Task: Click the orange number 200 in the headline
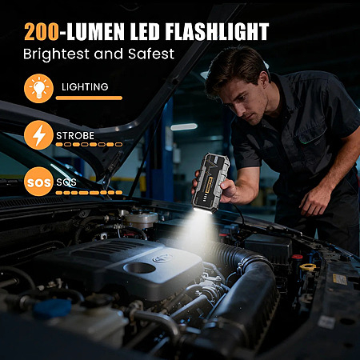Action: (42, 32)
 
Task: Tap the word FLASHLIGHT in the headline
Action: (217, 32)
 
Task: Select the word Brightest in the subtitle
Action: (57, 54)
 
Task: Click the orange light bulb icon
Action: (38, 89)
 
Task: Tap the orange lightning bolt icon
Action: (38, 135)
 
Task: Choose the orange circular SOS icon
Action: (38, 182)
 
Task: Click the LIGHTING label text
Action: (85, 87)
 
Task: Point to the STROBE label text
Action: (75, 136)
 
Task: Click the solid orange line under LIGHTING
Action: (89, 98)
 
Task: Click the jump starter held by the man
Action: (210, 183)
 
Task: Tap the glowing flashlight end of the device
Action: (203, 210)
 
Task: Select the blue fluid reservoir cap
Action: (52, 309)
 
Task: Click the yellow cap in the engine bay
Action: (308, 266)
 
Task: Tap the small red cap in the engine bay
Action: (297, 257)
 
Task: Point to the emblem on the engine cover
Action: (162, 258)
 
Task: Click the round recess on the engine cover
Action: (139, 268)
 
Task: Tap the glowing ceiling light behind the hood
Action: (184, 126)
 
